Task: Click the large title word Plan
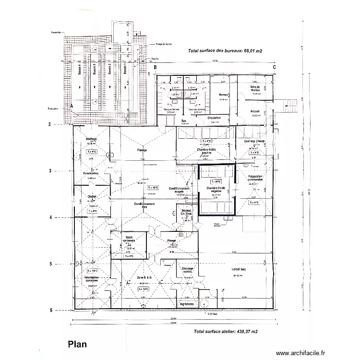point(78,345)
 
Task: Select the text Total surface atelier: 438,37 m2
point(226,331)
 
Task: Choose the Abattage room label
point(91,139)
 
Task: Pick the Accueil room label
point(254,111)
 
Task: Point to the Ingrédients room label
point(186,304)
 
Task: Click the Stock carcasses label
point(129,239)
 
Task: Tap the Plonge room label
point(171,241)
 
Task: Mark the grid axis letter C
point(274,68)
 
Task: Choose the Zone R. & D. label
point(144,278)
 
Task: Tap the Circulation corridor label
point(214,117)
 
